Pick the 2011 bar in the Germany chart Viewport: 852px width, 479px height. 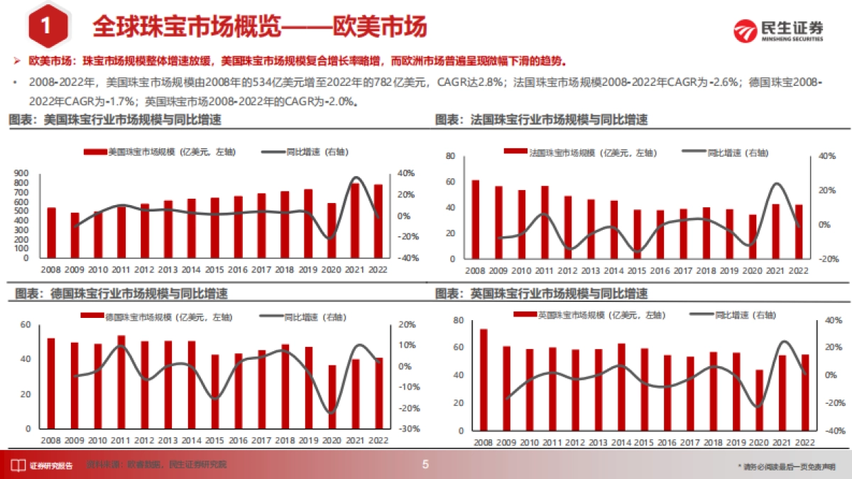coord(121,382)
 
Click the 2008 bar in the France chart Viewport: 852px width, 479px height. coord(475,220)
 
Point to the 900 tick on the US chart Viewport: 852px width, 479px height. coord(21,173)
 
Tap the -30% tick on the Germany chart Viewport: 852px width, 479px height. coord(408,429)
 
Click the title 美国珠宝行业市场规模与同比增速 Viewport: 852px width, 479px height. coord(132,121)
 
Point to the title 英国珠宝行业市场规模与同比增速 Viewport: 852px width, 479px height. coord(559,294)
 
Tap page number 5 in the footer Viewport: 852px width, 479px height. coord(426,466)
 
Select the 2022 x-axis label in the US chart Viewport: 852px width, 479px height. coord(377,270)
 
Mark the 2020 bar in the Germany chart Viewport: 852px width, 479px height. coord(332,397)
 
